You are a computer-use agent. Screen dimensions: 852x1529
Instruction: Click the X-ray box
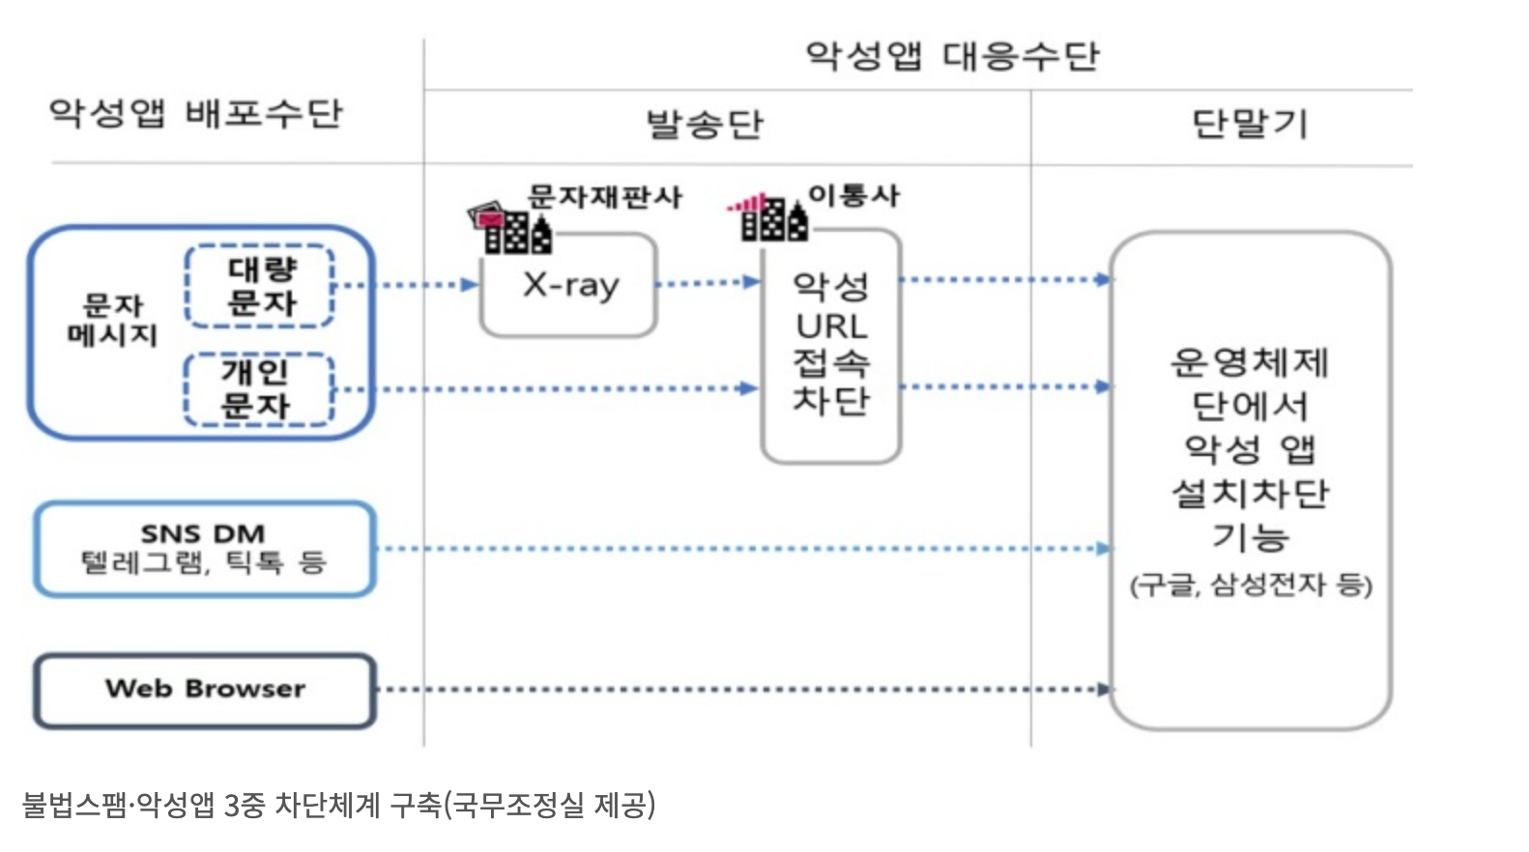pyautogui.click(x=568, y=286)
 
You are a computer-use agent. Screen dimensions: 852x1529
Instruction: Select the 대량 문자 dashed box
pyautogui.click(x=260, y=286)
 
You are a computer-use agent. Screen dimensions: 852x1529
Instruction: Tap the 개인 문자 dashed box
pyautogui.click(x=258, y=389)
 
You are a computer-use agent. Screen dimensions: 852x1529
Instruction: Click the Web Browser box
pyautogui.click(x=205, y=690)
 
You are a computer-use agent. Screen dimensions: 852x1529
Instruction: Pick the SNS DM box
pyautogui.click(x=205, y=548)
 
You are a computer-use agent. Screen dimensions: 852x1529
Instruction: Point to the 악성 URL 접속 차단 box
pyautogui.click(x=831, y=345)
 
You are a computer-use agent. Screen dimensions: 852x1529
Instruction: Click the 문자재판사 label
pyautogui.click(x=605, y=197)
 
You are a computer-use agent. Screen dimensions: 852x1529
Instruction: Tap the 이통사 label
pyautogui.click(x=853, y=195)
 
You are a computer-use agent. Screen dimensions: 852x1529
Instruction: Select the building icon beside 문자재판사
pyautogui.click(x=511, y=228)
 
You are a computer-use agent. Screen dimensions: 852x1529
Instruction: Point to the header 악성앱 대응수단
pyautogui.click(x=952, y=55)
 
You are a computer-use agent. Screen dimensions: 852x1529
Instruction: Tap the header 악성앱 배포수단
pyautogui.click(x=196, y=113)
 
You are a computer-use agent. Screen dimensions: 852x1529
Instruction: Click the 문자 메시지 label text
pyautogui.click(x=112, y=320)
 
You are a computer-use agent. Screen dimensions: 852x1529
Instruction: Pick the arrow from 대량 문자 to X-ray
pyautogui.click(x=406, y=285)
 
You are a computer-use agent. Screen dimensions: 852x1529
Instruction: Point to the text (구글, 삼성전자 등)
pyautogui.click(x=1251, y=584)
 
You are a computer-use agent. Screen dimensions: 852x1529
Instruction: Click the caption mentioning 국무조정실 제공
pyautogui.click(x=338, y=804)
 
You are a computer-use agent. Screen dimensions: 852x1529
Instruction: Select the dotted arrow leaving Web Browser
pyautogui.click(x=744, y=690)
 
